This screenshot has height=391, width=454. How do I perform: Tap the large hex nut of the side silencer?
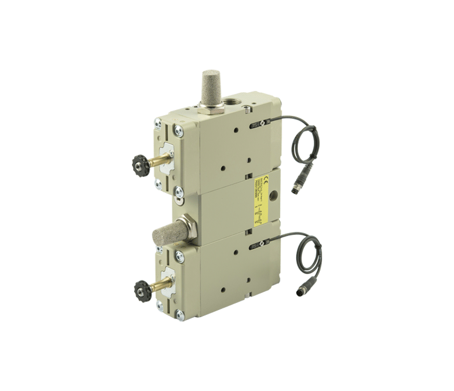[189, 226]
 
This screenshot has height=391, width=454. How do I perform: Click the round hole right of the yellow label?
[275, 194]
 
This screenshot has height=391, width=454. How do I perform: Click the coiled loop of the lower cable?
[310, 256]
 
